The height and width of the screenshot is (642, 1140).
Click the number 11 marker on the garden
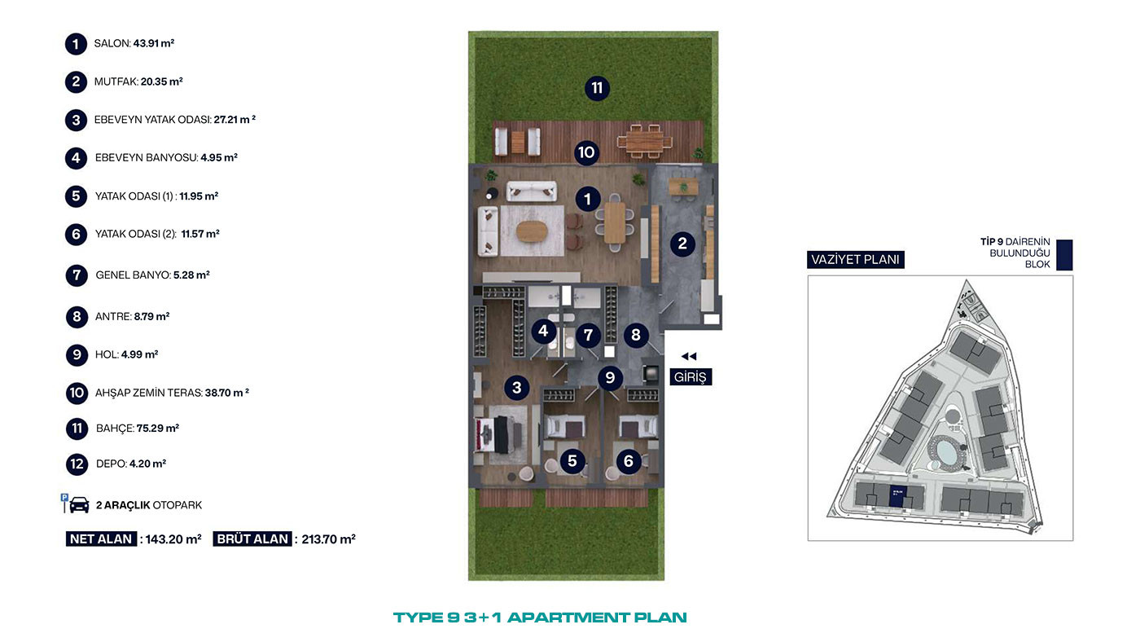pos(597,88)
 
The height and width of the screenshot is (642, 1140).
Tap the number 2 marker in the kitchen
pos(682,244)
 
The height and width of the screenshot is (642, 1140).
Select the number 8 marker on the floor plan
pos(636,335)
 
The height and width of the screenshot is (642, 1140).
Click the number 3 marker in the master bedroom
pos(517,388)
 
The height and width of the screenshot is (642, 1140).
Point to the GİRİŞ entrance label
pos(691,377)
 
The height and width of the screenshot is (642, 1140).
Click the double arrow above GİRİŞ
pos(689,356)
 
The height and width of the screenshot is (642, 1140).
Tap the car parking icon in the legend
pos(75,503)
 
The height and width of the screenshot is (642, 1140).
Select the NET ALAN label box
pos(101,539)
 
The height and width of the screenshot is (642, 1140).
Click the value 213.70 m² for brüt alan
pos(328,539)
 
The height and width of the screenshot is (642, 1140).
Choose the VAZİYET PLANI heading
pos(856,260)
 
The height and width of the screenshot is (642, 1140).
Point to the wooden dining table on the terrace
pos(644,142)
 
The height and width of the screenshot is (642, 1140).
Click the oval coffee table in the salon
pos(533,231)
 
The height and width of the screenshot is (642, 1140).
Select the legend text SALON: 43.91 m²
pos(134,43)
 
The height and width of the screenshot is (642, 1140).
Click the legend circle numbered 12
pos(77,464)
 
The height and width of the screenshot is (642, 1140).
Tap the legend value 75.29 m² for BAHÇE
pos(158,429)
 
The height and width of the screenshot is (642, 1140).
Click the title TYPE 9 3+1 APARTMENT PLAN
pos(540,618)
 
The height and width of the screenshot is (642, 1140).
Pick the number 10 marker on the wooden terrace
pos(586,152)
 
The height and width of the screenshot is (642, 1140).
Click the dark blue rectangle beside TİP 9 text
pos(1064,254)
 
